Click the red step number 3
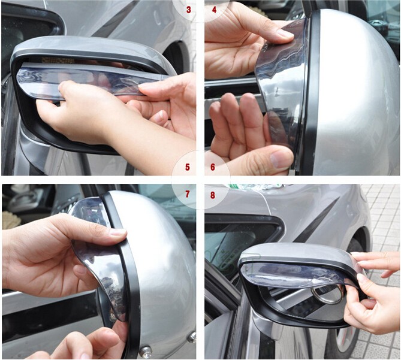[189, 10]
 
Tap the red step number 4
[215, 10]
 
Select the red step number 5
[188, 167]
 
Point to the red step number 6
[213, 167]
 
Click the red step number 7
[188, 195]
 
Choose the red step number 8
[213, 195]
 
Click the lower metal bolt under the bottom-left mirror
[146, 350]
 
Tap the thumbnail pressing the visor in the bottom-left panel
[118, 232]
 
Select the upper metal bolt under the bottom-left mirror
[192, 337]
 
